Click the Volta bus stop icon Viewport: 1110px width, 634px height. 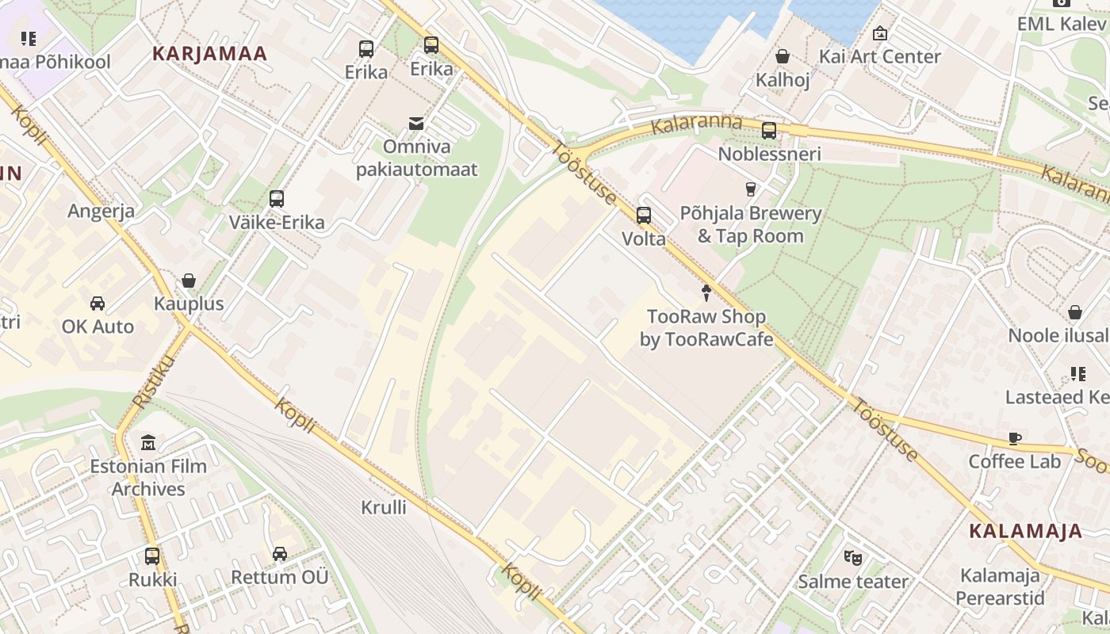[x=644, y=215]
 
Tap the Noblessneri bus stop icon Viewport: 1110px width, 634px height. [x=769, y=131]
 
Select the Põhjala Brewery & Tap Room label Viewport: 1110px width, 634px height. [x=750, y=224]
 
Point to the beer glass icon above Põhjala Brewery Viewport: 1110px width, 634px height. [x=750, y=189]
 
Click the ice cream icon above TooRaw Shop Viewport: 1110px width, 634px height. [x=706, y=292]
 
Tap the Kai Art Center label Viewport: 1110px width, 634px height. [x=879, y=56]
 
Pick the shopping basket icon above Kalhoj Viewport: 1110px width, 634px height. [x=783, y=56]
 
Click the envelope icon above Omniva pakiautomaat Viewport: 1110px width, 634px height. [x=416, y=123]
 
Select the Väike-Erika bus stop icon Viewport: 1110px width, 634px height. [x=277, y=199]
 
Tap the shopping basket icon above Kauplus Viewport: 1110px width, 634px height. [x=189, y=281]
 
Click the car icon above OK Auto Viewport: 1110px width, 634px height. [x=98, y=303]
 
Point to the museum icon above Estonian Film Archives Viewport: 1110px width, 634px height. [x=148, y=442]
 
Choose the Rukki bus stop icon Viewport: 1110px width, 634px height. [x=152, y=556]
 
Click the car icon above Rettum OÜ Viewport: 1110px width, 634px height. [x=280, y=553]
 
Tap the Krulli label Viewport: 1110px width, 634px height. [x=384, y=507]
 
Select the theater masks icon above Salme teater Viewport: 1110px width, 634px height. [x=853, y=557]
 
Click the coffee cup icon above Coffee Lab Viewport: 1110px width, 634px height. [x=1015, y=438]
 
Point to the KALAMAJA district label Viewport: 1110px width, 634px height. [x=1025, y=531]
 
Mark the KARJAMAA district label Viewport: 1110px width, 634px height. [x=209, y=54]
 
